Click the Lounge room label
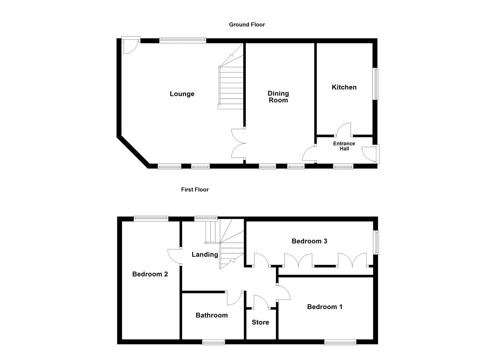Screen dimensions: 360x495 [x=182, y=94]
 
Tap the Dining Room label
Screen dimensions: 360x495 [x=278, y=97]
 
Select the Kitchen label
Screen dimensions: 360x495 [x=344, y=87]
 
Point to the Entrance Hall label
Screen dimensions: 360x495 [x=344, y=146]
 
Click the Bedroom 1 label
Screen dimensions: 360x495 [x=325, y=307]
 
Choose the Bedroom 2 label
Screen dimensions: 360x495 [x=150, y=274]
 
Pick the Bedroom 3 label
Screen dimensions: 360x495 [x=309, y=241]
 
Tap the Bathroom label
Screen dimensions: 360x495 [x=212, y=315]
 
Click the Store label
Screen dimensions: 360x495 [x=260, y=322]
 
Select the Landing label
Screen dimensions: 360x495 [x=205, y=255]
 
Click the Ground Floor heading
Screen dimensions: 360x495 [x=247, y=25]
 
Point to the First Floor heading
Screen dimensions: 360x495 [x=195, y=190]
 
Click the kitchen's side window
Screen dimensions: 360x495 [x=376, y=84]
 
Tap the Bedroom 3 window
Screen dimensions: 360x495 [x=376, y=242]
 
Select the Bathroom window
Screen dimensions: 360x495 [x=214, y=342]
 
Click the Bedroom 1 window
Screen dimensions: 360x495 [x=340, y=342]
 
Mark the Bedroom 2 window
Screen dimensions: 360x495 [x=151, y=219]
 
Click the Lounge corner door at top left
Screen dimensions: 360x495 [x=129, y=46]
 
